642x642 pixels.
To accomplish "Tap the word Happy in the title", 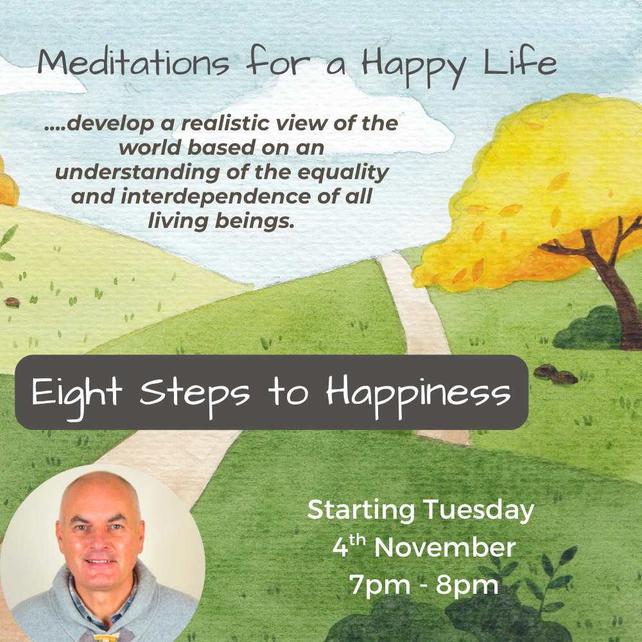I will (x=405, y=64).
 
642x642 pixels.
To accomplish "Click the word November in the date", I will (x=444, y=548).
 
